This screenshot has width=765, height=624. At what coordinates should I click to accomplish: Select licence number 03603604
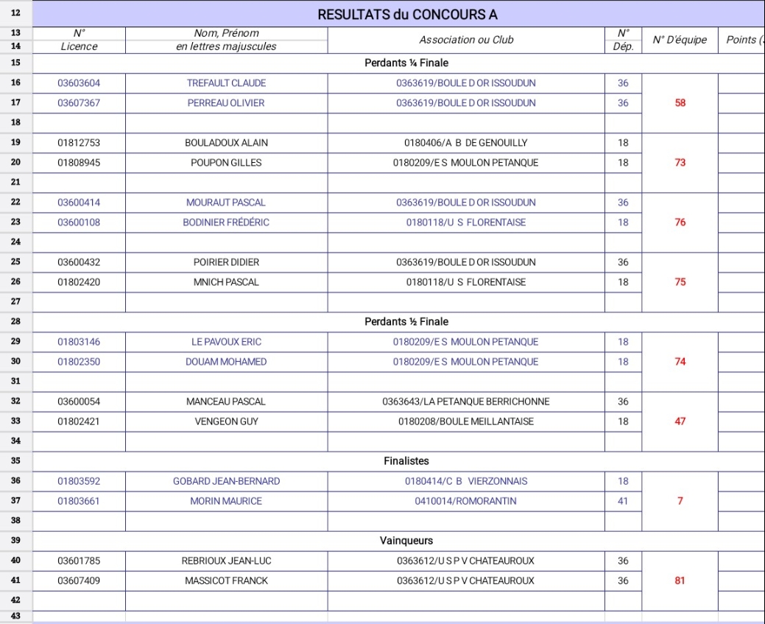pos(80,83)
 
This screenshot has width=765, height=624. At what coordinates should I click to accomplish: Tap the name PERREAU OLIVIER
pos(226,103)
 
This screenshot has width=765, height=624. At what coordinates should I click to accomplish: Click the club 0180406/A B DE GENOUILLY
pos(466,143)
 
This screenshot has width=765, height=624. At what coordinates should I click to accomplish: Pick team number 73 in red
pos(680,163)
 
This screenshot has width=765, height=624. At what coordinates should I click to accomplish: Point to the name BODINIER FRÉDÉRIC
pos(226,222)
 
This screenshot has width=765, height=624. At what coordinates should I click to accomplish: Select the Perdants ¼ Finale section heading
pos(406,63)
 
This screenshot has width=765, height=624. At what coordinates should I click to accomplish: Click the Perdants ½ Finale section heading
pos(406,322)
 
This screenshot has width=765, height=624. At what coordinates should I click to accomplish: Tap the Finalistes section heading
pos(406,461)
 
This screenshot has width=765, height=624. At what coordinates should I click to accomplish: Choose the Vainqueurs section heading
pos(406,541)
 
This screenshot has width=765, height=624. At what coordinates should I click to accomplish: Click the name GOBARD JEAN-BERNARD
pos(226,481)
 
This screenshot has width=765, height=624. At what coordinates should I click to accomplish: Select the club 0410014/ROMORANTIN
pos(466,501)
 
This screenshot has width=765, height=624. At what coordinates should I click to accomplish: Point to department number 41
pos(623,501)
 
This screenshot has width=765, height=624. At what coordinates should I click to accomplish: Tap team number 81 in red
pos(680,581)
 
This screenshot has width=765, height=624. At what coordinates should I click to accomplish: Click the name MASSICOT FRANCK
pos(226,581)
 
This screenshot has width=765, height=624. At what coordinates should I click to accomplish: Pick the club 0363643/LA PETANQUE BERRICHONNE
pos(466,402)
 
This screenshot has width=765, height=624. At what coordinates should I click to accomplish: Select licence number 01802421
pos(80,421)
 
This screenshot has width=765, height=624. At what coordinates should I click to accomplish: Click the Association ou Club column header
pos(466,40)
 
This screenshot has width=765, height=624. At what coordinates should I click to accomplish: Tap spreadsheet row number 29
pos(16,342)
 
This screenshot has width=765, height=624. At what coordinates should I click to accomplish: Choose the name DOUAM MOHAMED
pos(226,362)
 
